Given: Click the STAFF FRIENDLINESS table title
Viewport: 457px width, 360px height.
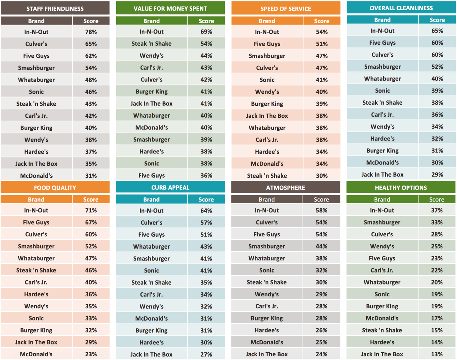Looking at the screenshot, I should pos(55,9).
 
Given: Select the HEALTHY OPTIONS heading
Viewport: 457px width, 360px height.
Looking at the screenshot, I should pos(401,188).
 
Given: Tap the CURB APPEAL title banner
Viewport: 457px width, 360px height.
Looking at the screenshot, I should pos(170,187).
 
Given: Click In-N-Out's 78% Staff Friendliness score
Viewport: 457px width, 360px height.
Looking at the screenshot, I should pos(91,32).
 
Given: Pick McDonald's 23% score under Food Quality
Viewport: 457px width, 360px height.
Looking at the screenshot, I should pos(91,354).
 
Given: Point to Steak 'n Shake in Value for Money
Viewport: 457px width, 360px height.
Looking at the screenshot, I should pos(151,43).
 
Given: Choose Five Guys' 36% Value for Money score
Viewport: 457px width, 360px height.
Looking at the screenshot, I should pos(206,175).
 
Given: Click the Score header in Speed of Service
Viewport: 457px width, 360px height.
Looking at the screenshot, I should pos(322,21).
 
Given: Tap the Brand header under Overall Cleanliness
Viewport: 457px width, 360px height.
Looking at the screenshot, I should pos(382,20).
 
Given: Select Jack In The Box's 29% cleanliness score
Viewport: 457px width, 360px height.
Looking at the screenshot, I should pos(437,174).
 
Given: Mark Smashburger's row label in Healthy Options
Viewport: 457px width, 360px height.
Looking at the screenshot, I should pos(382,222).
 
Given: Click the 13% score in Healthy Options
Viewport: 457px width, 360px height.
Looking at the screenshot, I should pos(437,354).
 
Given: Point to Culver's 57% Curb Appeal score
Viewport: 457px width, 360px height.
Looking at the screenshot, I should pos(206,222).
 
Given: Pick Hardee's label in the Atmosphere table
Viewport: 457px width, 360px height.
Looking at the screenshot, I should pos(267,330).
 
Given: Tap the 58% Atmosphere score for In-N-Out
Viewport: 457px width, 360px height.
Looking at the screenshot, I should pos(321,210).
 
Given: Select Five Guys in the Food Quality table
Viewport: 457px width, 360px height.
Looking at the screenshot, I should pos(36,222).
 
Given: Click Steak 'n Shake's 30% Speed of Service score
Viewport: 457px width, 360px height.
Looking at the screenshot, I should pos(322,176).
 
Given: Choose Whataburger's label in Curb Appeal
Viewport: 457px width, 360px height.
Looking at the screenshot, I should pos(151,246).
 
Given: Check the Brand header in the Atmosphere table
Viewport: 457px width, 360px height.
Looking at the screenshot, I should pos(267,199).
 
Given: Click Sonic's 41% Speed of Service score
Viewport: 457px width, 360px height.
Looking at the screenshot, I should pos(322,80).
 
